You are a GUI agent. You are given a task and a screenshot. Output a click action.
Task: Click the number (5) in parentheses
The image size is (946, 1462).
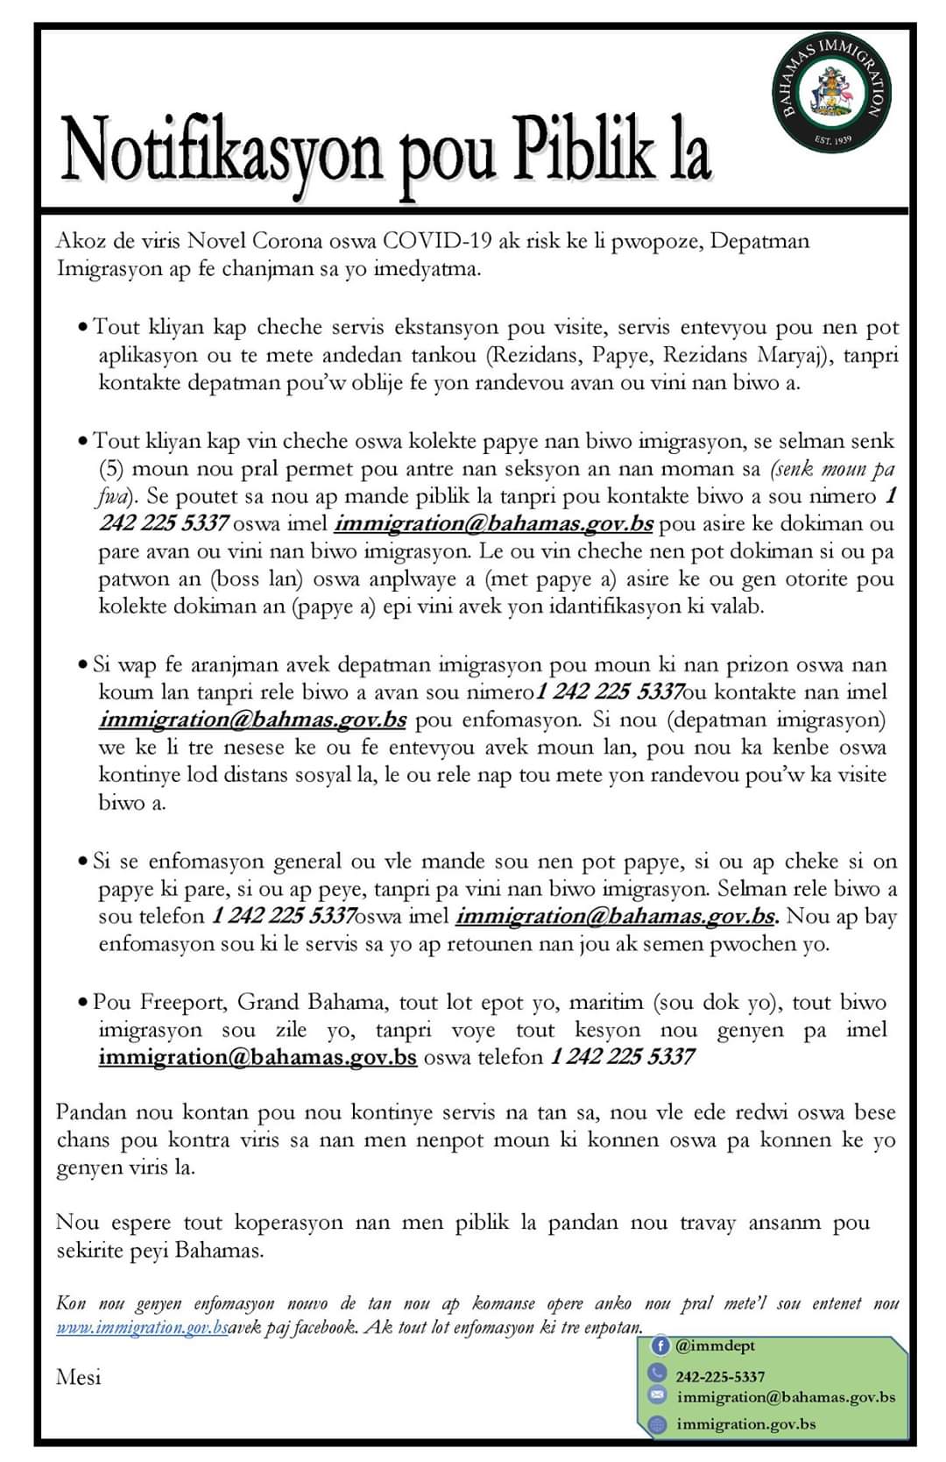(111, 468)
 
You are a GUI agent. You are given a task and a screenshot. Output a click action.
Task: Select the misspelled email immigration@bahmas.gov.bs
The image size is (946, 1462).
(252, 720)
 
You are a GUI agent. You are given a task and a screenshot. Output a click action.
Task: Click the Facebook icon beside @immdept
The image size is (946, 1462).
(660, 1345)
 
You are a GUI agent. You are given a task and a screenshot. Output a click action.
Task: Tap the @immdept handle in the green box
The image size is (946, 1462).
(715, 1345)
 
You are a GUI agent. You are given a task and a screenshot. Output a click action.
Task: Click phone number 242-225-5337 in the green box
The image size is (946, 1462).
(720, 1377)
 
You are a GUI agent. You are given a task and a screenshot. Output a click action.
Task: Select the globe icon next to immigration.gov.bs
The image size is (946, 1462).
(659, 1424)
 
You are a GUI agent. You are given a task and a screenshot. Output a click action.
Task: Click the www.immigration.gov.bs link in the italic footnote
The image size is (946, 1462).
(142, 1328)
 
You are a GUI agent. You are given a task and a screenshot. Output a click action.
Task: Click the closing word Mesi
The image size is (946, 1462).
(78, 1377)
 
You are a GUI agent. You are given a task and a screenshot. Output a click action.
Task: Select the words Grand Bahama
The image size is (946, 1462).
(311, 1002)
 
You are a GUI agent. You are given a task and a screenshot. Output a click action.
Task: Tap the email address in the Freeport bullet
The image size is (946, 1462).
(257, 1057)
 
